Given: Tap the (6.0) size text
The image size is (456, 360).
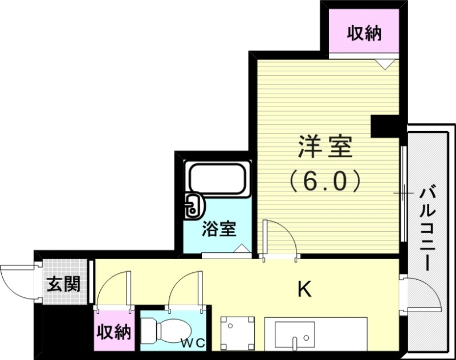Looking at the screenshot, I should (325, 181).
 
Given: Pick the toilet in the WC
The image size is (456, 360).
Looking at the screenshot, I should (169, 330).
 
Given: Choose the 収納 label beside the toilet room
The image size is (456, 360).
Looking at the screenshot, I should (113, 332).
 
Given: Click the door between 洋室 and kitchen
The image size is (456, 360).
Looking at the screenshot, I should (279, 239).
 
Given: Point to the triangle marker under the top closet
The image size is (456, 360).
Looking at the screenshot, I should (386, 63).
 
